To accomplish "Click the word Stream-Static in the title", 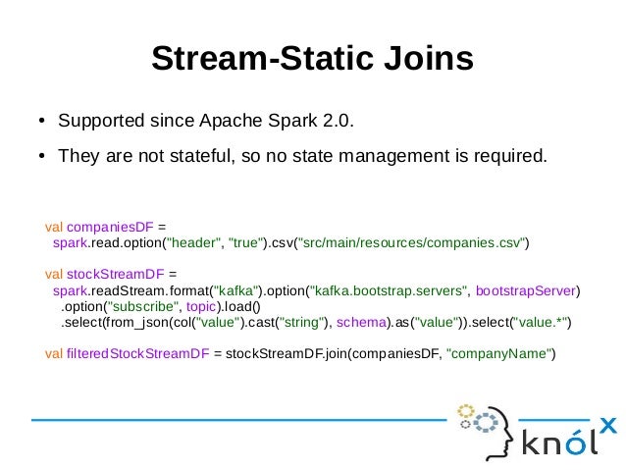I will click(256, 59).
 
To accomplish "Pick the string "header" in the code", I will click(196, 242).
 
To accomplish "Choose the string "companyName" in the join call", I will click(499, 353).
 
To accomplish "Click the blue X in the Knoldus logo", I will click(608, 424).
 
